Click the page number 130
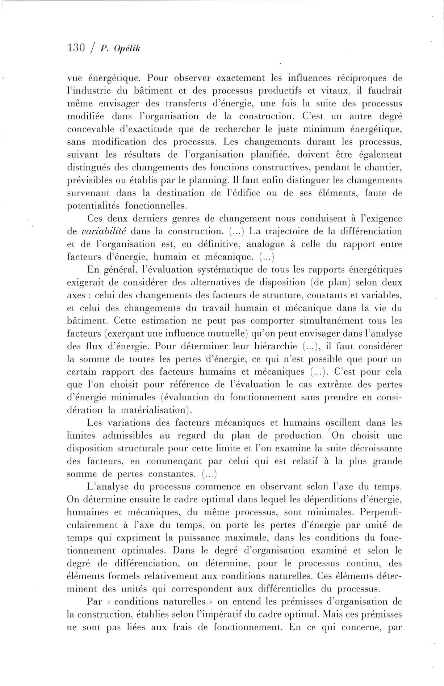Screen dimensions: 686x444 [x=76, y=47]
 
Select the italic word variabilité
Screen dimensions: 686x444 [x=104, y=232]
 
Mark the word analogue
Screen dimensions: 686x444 [x=266, y=244]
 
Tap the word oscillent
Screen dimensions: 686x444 [x=343, y=423]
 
